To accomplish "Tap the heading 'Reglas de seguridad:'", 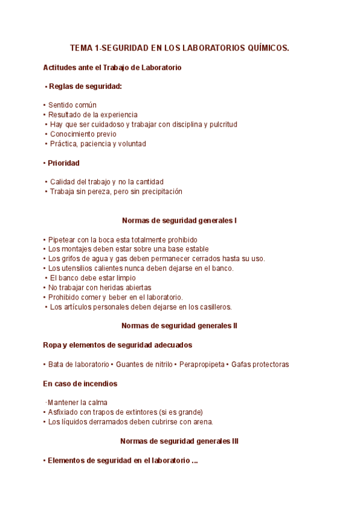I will pos(85,86).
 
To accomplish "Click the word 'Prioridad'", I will pos(64,163).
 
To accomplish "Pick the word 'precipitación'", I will pos(160,191).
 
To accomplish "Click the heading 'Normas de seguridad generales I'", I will pos(179,220).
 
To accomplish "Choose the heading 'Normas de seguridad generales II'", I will pos(179,326).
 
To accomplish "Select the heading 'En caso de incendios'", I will pos(80,384).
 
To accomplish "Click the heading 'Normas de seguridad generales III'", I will pos(179,441).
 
